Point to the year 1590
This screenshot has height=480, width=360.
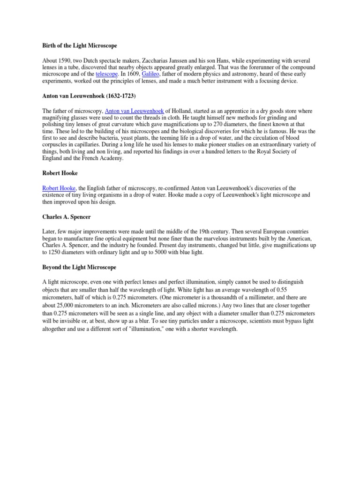(65, 60)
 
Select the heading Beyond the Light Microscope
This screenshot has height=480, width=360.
(79, 267)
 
